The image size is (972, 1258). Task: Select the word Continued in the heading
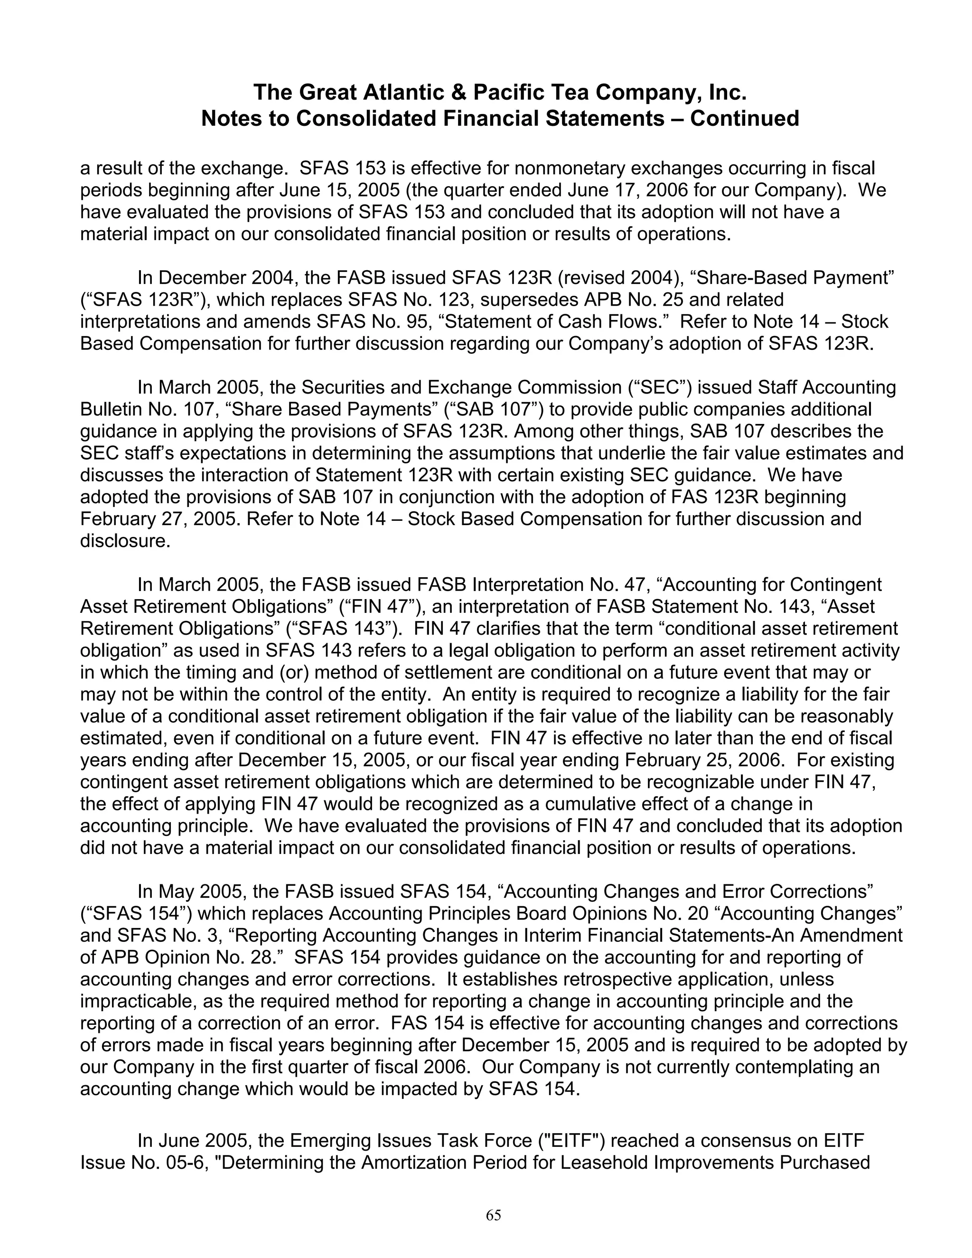tap(745, 119)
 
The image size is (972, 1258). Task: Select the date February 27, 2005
tap(159, 519)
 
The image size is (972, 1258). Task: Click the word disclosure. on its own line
tap(125, 541)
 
